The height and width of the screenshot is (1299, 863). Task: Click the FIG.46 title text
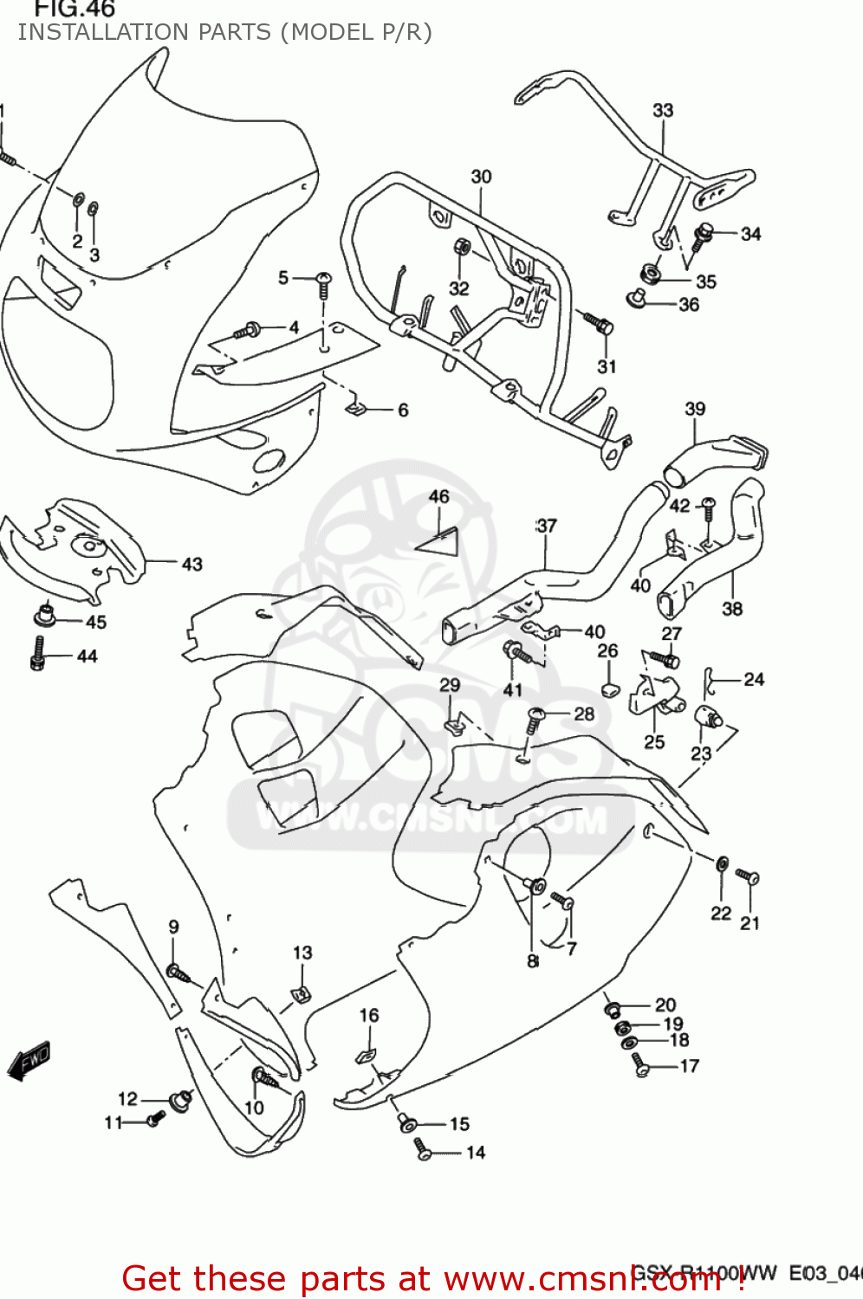pyautogui.click(x=75, y=10)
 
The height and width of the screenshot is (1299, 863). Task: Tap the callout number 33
pyautogui.click(x=663, y=110)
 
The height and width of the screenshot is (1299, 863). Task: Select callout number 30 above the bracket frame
pyautogui.click(x=481, y=177)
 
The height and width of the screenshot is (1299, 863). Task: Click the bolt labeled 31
pyautogui.click(x=598, y=324)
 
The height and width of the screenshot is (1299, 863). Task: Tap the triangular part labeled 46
pyautogui.click(x=438, y=540)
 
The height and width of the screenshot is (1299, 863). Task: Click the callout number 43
pyautogui.click(x=191, y=565)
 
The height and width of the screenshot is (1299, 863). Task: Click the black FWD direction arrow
pyautogui.click(x=29, y=1061)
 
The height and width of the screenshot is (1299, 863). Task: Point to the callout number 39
pyautogui.click(x=695, y=409)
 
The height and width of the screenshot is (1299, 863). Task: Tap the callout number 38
pyautogui.click(x=732, y=609)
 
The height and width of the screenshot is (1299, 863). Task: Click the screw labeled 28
pyautogui.click(x=535, y=717)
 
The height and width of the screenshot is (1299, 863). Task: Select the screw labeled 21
pyautogui.click(x=747, y=877)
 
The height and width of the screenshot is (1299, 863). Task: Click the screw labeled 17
pyautogui.click(x=640, y=1064)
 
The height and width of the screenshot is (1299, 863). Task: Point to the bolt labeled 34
pyautogui.click(x=702, y=235)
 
